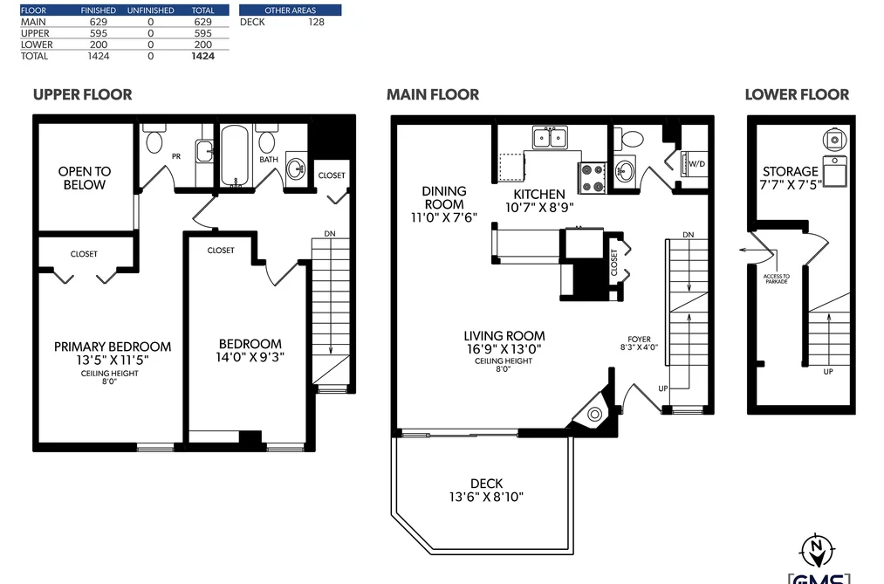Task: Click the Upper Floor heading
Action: tap(82, 94)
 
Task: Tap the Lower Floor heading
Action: tap(797, 94)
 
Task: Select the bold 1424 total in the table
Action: tap(203, 56)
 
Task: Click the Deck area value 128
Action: tap(316, 22)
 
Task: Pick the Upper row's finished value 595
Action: tap(98, 33)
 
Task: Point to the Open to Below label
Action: tap(85, 178)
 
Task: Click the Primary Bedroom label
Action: tap(113, 347)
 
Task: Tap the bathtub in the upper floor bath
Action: tap(235, 155)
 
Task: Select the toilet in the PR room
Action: tap(154, 138)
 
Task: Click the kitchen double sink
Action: tap(550, 138)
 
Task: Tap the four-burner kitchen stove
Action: tap(592, 177)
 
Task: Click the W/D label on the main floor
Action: tap(697, 164)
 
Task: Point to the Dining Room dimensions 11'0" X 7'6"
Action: tap(444, 217)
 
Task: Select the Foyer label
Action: tap(640, 340)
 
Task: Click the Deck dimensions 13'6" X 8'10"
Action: tap(486, 498)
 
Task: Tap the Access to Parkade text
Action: tap(777, 278)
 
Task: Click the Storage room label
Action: tap(791, 171)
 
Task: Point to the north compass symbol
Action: tap(817, 550)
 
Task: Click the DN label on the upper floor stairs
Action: tap(330, 233)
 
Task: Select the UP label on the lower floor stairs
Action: tap(828, 372)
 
